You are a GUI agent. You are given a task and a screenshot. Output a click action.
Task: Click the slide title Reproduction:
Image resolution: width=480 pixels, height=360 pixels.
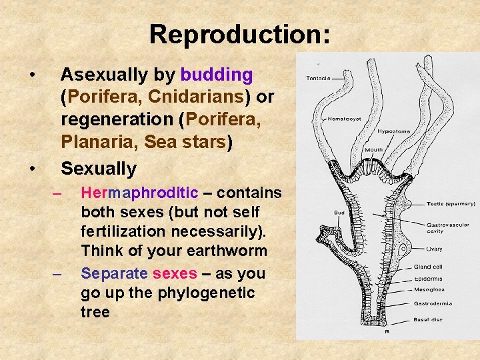pyautogui.click(x=239, y=34)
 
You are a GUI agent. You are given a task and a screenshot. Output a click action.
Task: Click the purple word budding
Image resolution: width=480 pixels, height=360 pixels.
pyautogui.click(x=216, y=74)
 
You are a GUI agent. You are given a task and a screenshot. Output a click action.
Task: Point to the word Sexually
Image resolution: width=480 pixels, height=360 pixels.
pyautogui.click(x=98, y=168)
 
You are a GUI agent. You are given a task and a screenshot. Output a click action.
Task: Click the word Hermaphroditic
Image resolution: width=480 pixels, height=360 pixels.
pyautogui.click(x=139, y=193)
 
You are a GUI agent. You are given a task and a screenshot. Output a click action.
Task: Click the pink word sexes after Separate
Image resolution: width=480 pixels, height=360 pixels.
pyautogui.click(x=175, y=274)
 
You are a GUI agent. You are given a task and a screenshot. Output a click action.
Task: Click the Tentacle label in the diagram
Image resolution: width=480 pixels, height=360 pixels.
pyautogui.click(x=318, y=78)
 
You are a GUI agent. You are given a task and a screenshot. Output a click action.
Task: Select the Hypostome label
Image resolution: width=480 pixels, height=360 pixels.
pyautogui.click(x=393, y=132)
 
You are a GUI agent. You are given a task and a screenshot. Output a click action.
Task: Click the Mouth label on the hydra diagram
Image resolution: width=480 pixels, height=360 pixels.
pyautogui.click(x=373, y=150)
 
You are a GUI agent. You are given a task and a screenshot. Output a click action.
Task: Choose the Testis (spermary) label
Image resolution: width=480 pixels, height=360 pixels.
pyautogui.click(x=451, y=203)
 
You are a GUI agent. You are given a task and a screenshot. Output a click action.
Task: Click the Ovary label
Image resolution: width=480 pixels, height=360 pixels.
pyautogui.click(x=435, y=249)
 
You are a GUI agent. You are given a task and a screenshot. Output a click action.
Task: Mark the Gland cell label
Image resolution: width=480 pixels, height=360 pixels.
pyautogui.click(x=427, y=267)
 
